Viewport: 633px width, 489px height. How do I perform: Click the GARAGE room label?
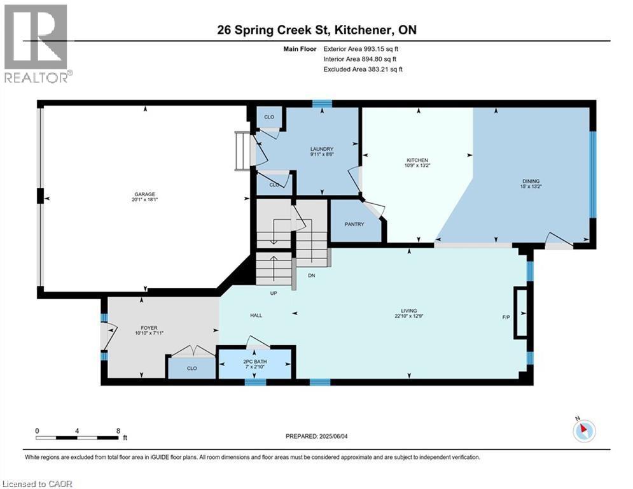[144, 194]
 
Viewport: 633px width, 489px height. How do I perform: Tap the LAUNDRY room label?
[322, 150]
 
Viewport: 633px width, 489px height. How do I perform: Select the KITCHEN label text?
[417, 160]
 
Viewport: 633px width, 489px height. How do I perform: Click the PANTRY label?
[354, 223]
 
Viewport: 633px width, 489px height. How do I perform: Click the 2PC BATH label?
[253, 363]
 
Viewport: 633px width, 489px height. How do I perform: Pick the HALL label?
[256, 315]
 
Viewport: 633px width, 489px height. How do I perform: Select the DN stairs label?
[312, 275]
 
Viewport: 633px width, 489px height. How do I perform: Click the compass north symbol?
[583, 430]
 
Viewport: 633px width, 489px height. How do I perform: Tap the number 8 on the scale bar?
[118, 430]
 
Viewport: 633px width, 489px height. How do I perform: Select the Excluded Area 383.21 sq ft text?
[363, 69]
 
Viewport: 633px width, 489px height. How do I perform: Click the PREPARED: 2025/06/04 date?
[317, 436]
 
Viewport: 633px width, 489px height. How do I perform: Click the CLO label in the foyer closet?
[191, 368]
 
